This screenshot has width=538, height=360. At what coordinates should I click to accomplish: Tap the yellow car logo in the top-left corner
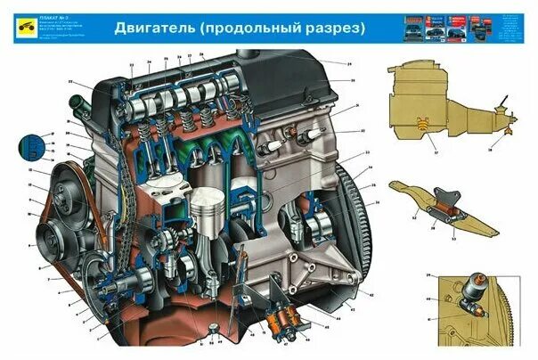20,29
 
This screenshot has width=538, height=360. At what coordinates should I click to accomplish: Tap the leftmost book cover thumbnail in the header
411,27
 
